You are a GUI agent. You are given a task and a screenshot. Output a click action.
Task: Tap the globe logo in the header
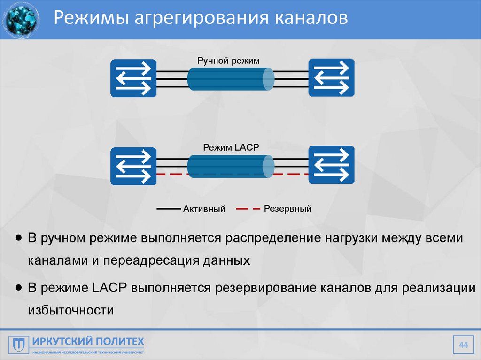point(20,20)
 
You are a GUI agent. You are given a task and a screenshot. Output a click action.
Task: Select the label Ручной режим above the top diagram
point(228,61)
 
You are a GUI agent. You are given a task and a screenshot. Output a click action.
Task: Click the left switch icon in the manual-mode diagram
point(133,78)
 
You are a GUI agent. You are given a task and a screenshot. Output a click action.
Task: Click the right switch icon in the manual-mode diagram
point(331,78)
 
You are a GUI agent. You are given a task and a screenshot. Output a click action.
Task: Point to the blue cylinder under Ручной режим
point(230,79)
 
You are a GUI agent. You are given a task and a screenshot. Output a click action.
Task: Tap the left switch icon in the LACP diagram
point(133,166)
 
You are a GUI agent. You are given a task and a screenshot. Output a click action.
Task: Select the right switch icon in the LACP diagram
point(331,166)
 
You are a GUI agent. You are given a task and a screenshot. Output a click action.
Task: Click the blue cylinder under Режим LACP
point(230,167)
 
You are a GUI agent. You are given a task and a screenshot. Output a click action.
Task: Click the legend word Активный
point(204,209)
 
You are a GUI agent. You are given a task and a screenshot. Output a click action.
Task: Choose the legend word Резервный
point(287,208)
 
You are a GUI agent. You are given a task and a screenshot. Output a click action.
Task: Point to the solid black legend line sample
point(168,208)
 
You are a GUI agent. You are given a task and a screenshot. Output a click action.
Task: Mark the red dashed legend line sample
point(247,208)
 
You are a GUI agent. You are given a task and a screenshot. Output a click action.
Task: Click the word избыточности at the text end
point(71,310)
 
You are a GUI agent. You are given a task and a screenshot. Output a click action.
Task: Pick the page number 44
point(464,346)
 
